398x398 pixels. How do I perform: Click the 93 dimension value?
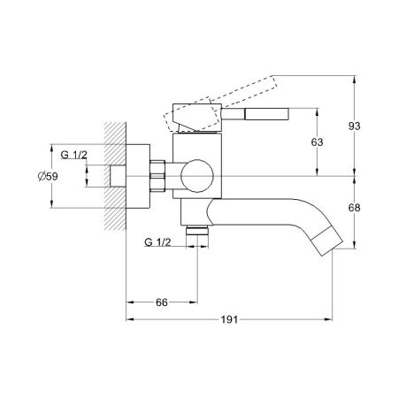click(x=355, y=126)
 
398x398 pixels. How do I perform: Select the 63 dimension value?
click(x=317, y=142)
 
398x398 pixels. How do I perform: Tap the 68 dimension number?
click(x=355, y=208)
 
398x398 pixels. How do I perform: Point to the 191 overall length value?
click(x=229, y=319)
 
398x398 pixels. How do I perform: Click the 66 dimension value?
click(x=162, y=302)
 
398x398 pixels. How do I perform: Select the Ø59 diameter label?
click(x=48, y=177)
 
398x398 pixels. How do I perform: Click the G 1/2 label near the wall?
click(x=74, y=155)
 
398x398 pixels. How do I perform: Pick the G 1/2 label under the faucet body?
click(x=157, y=242)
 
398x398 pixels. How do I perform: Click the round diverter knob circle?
click(x=197, y=176)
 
